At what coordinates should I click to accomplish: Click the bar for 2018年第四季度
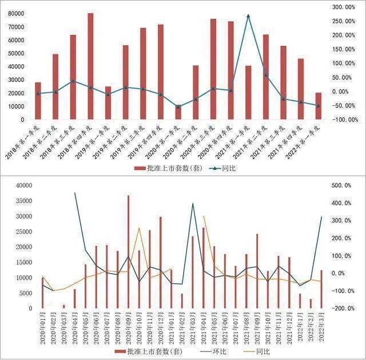(90, 66)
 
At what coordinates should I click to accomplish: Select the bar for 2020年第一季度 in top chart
(178, 113)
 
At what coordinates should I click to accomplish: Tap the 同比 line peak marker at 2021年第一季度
(248, 16)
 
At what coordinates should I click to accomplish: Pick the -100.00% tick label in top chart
(344, 120)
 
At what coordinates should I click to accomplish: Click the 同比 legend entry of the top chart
(221, 169)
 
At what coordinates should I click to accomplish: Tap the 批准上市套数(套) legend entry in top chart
(164, 169)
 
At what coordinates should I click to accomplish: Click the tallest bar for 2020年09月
(128, 252)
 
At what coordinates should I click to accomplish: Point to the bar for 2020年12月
(160, 262)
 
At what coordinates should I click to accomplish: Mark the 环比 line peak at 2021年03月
(193, 204)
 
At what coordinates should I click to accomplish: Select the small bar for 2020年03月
(63, 306)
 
